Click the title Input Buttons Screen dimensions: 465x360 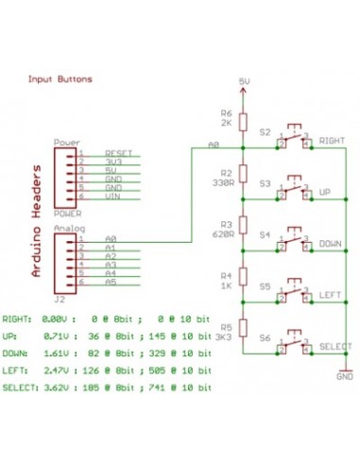pos(60,80)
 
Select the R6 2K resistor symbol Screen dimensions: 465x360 pos(243,121)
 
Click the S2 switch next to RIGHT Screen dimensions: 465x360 pos(294,140)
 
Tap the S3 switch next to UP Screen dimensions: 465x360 pos(294,192)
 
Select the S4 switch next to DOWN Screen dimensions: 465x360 pos(294,244)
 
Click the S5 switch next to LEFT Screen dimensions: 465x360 pos(294,296)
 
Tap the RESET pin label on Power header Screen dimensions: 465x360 pos(118,152)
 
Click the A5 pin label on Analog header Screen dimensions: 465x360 pos(111,283)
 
